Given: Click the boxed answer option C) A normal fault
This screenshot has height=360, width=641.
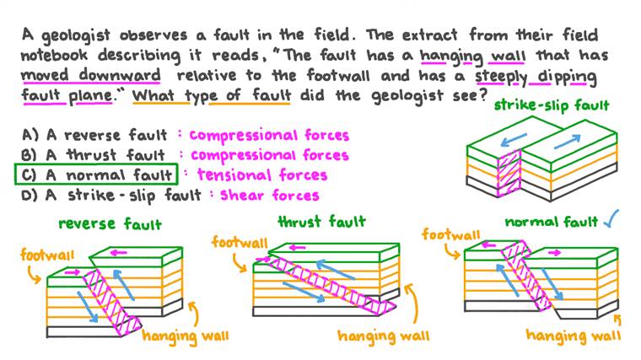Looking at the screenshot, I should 95,175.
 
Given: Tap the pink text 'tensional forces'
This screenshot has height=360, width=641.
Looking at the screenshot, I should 261,175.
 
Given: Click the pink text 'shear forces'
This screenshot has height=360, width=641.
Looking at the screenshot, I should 270,196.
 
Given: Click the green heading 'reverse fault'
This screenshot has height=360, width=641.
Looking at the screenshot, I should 110,224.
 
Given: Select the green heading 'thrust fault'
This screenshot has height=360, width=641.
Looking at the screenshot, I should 321,222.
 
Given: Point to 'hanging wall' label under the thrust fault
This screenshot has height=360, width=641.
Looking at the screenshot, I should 383,336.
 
